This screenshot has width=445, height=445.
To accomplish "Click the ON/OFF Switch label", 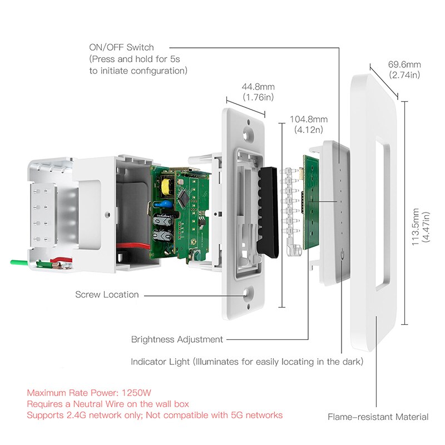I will point(121,48).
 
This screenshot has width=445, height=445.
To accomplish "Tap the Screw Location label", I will point(107,294).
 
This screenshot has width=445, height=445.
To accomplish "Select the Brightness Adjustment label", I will point(177,339).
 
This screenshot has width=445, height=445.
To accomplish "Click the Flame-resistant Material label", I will point(378,417).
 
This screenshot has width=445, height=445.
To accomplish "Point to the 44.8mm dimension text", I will point(258,87).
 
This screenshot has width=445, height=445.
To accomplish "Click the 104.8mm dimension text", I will point(309,120).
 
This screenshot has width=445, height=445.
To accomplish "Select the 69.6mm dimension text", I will point(404,65).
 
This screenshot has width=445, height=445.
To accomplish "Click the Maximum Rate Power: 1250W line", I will point(90,392).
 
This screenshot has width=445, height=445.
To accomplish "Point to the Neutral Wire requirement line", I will point(108,403).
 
